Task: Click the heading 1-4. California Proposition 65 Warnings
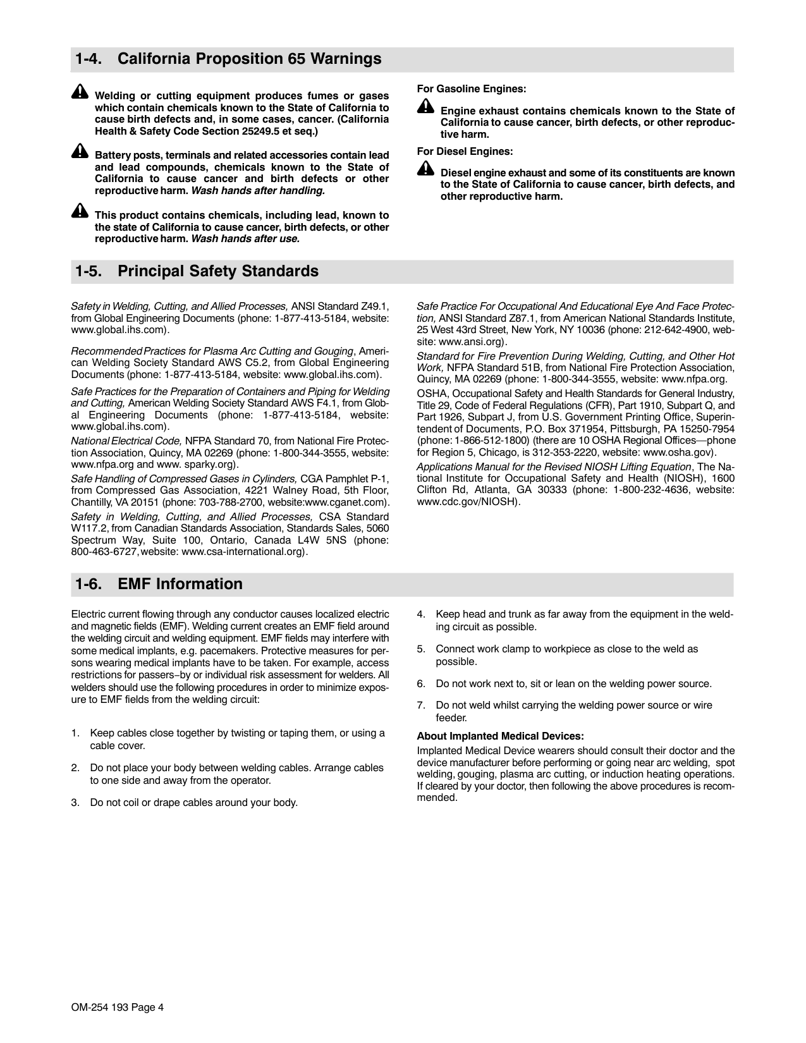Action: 228,59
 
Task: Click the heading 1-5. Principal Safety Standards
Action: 197,271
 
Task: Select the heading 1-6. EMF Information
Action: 159,584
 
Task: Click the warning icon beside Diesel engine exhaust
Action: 425,169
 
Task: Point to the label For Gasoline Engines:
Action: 472,89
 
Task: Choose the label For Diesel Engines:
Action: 465,152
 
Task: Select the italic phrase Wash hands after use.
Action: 245,239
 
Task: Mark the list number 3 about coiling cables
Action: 75,803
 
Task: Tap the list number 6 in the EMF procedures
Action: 421,684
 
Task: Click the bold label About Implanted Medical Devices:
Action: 500,736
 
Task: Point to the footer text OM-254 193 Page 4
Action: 118,1008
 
